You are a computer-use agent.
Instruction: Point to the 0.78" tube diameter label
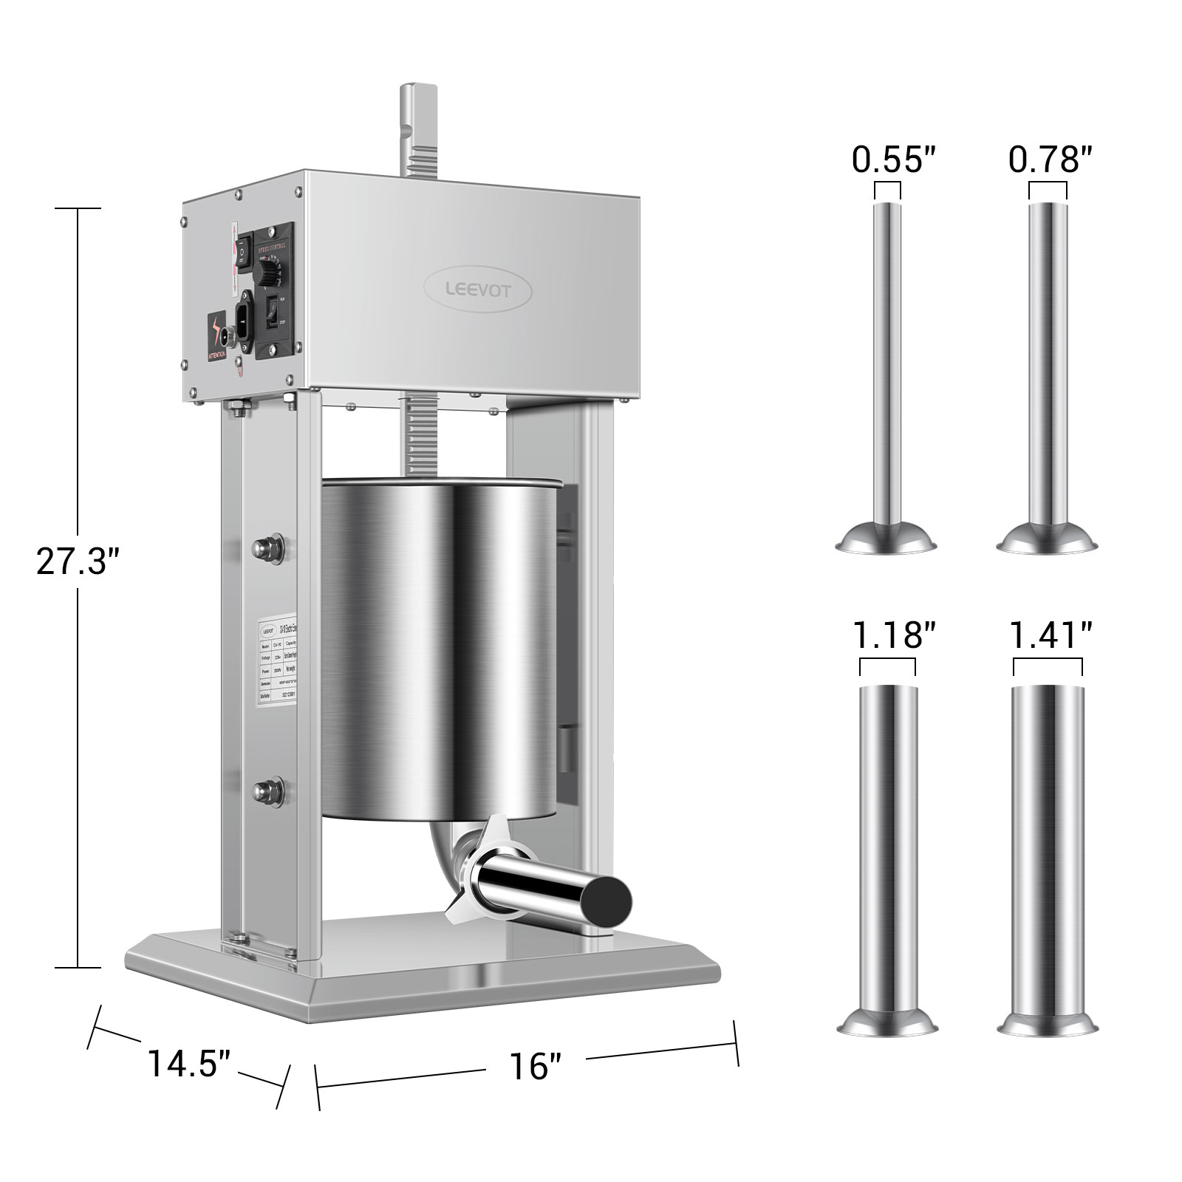tap(1050, 159)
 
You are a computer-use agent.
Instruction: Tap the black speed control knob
tap(267, 276)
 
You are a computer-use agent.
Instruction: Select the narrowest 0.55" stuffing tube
tap(888, 369)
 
